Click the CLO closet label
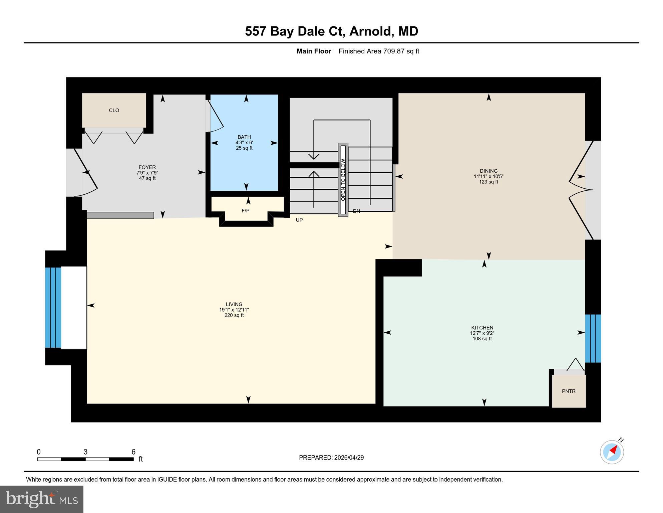[x=114, y=110]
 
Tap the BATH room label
[x=244, y=137]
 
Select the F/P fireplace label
[x=245, y=210]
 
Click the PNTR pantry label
[x=569, y=391]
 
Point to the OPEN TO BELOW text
[x=343, y=180]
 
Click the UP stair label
[x=299, y=220]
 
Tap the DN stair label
[x=356, y=211]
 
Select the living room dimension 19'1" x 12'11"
[x=234, y=310]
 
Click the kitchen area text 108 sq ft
[x=482, y=338]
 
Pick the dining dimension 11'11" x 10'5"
[x=488, y=176]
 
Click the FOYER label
[x=147, y=167]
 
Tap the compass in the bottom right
[x=612, y=452]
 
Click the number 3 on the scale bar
[x=85, y=452]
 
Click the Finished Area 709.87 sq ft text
[x=379, y=51]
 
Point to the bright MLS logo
[x=42, y=499]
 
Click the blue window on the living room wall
[x=53, y=307]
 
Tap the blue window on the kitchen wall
[x=593, y=338]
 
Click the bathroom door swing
[x=216, y=115]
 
